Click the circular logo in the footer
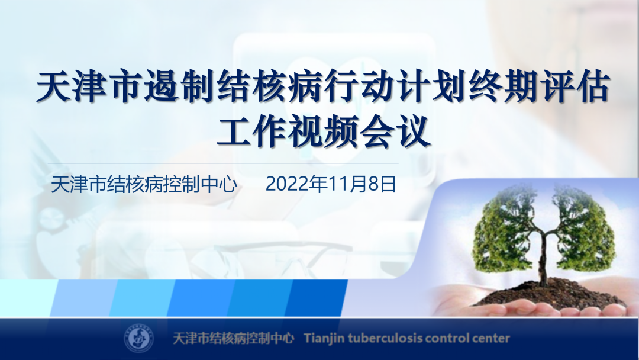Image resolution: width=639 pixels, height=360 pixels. click(139, 339)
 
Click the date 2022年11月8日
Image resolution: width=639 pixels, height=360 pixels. click(331, 184)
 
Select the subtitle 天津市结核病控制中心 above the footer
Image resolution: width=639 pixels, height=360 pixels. click(144, 184)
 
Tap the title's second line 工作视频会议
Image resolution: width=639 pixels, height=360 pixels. click(324, 131)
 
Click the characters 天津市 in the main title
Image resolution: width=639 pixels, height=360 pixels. click(91, 87)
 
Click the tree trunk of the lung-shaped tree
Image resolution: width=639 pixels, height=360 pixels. click(543, 257)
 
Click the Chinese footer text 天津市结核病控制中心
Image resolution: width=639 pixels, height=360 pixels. click(234, 339)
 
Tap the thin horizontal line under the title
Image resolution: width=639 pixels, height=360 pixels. click(223, 163)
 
